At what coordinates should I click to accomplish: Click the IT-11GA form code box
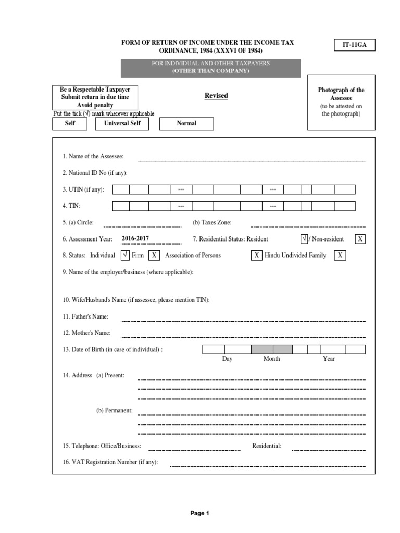click(354, 45)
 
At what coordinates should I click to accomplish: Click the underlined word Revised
click(216, 96)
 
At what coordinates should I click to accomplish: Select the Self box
click(70, 123)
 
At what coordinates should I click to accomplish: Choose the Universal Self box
click(122, 123)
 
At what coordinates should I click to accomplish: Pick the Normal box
click(186, 123)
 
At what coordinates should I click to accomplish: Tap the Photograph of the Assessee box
click(341, 101)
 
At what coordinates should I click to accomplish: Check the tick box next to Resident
click(305, 239)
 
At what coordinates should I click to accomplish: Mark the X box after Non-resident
click(360, 239)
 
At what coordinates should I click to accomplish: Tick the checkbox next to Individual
click(125, 255)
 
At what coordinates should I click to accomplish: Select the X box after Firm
click(154, 255)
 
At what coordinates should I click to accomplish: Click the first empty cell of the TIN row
click(121, 206)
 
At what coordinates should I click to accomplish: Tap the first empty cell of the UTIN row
click(121, 189)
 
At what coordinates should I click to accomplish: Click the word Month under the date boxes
click(271, 359)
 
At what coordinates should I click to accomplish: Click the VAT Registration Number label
click(110, 462)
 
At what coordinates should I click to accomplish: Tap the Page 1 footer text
click(199, 513)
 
